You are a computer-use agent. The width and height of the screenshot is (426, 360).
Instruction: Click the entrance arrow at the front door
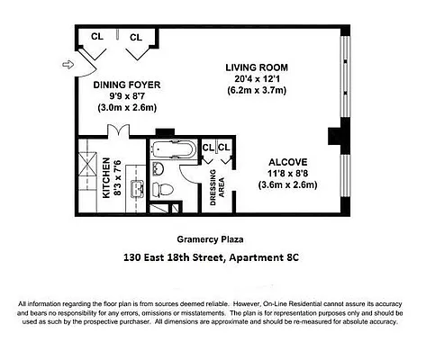(66, 64)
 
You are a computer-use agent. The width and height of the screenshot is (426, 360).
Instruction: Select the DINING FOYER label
(123, 85)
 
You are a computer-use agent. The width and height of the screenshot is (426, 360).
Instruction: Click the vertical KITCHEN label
(106, 178)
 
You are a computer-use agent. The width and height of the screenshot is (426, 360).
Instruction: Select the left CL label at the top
(96, 38)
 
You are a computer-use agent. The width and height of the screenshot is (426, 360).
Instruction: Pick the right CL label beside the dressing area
(224, 147)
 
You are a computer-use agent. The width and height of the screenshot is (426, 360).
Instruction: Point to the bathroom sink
(157, 168)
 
